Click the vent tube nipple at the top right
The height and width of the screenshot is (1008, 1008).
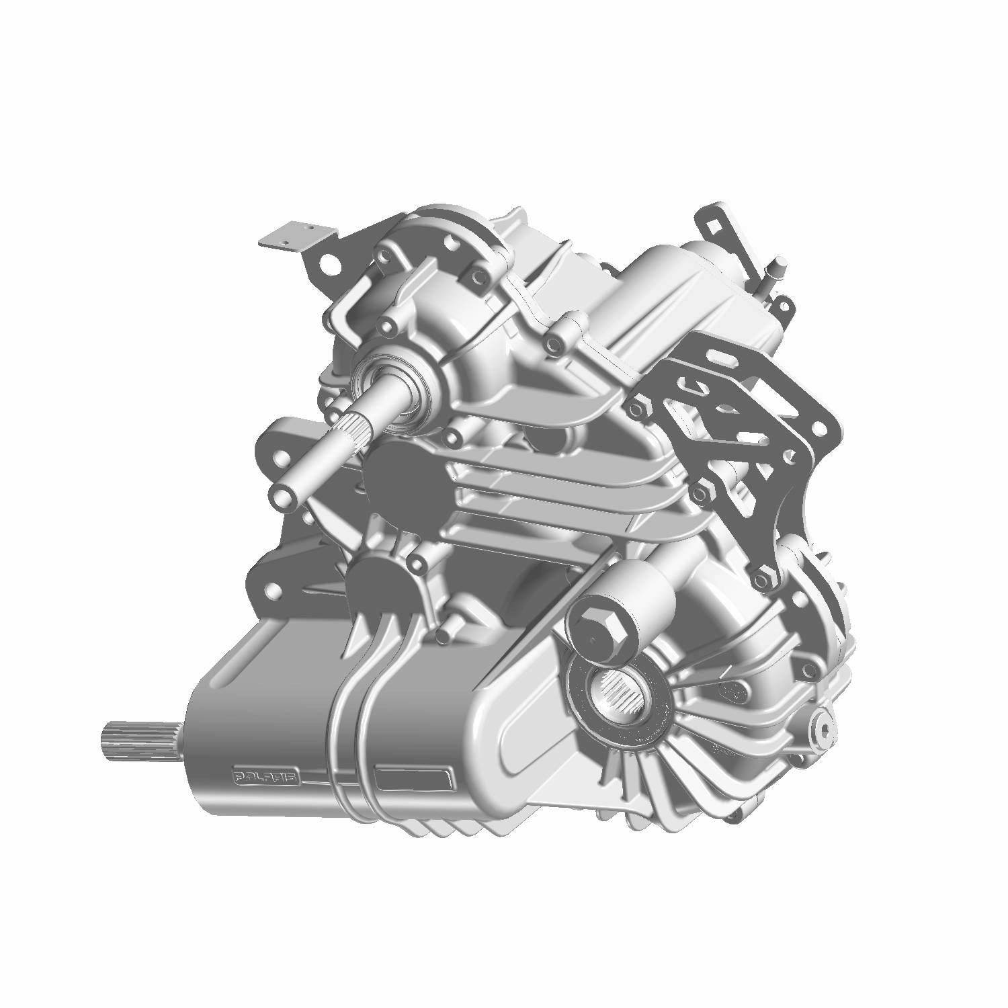(x=779, y=264)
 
